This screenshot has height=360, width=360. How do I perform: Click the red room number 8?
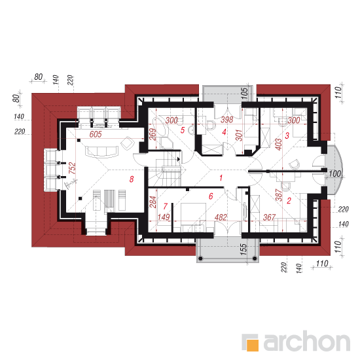coord(132,179)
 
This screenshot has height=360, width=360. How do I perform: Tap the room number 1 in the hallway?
coord(221,177)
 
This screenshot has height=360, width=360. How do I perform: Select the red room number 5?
coord(183,130)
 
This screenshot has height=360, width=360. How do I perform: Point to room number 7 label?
coord(166,206)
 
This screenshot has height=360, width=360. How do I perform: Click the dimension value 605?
coord(96,134)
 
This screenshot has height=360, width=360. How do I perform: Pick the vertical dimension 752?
coord(72,168)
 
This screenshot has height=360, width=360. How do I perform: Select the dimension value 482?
coord(221,217)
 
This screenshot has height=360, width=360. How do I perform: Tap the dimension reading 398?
coord(227,120)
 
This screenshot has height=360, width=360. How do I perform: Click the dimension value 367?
coord(269,217)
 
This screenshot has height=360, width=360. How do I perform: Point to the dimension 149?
coord(164,217)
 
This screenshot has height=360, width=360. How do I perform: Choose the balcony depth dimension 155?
coord(244,249)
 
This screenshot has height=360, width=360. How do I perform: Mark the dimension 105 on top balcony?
coord(245,94)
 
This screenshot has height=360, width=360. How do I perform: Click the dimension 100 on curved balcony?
coord(335,174)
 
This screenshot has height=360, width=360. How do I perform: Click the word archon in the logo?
coord(307,341)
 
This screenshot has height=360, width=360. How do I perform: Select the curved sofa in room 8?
coord(102,152)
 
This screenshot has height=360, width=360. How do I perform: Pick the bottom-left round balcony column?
coord(200,259)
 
